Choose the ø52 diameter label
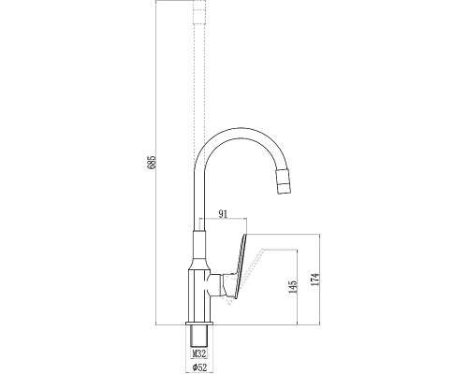click(199, 367)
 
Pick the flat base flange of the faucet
click(199, 324)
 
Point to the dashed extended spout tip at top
click(199, 11)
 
